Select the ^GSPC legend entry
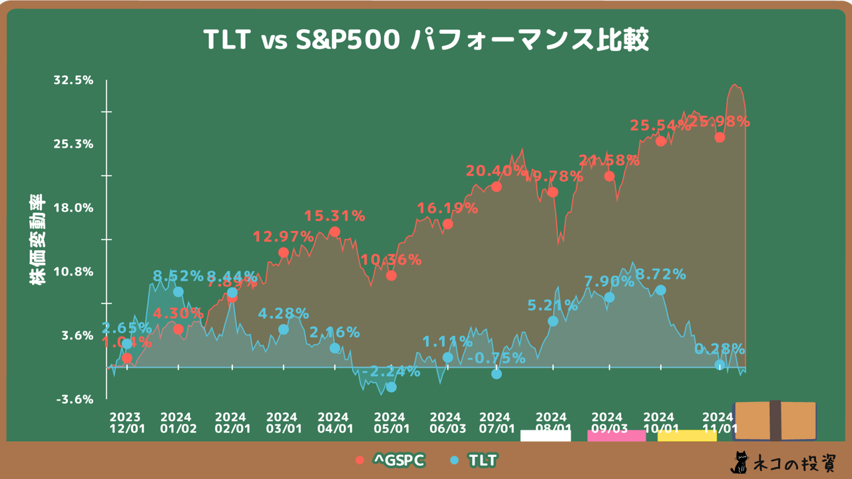(x=390, y=460)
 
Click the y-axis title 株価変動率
(x=37, y=239)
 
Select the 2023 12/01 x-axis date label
(x=127, y=422)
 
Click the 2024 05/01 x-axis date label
(x=391, y=422)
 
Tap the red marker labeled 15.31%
(x=335, y=232)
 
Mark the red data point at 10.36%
(x=391, y=275)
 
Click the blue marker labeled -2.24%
(x=391, y=387)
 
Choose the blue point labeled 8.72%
(x=660, y=290)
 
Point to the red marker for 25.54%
(x=660, y=141)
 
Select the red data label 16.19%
(x=447, y=208)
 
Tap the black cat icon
(x=739, y=461)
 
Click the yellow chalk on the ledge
(x=687, y=436)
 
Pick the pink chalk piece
(x=616, y=436)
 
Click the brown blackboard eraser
(x=775, y=420)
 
